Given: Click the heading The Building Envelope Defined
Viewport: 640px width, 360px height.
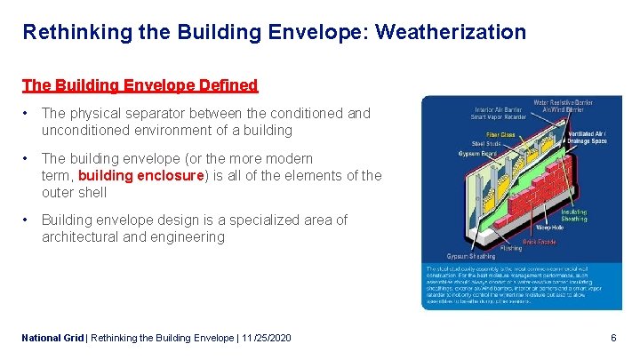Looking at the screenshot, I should [140, 86].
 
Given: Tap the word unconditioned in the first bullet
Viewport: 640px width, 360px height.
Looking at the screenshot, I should [84, 131].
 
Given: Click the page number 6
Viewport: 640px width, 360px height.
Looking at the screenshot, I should [613, 339].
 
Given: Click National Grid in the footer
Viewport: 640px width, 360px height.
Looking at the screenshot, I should [52, 339].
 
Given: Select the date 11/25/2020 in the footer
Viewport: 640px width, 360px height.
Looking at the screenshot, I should [266, 339].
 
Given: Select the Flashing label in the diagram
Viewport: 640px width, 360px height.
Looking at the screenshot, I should [509, 249].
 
